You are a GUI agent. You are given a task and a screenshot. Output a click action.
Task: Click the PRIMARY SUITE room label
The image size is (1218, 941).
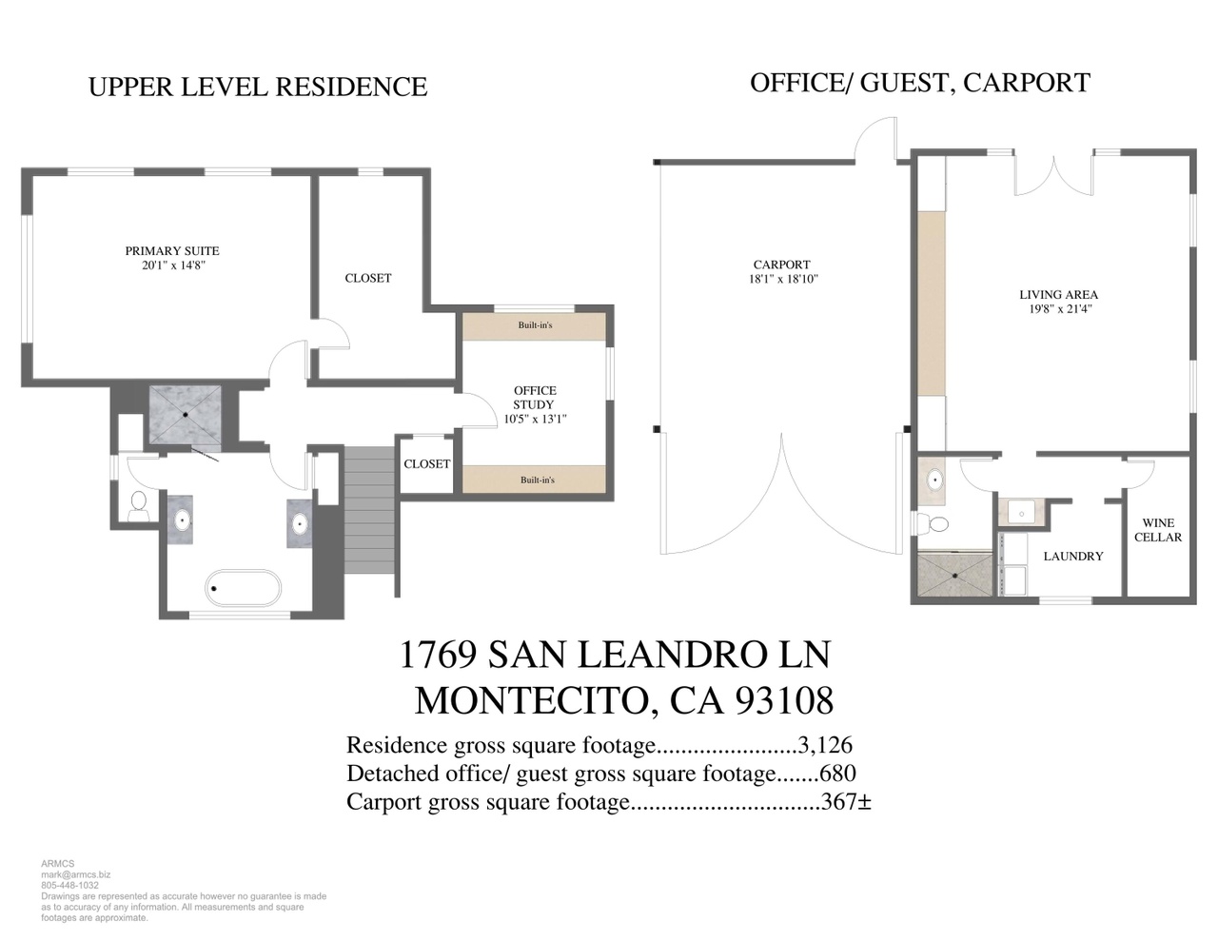(172, 251)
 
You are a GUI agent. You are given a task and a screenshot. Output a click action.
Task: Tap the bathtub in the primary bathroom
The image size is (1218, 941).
(244, 588)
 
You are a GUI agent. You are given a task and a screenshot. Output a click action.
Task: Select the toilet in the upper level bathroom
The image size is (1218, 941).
(138, 505)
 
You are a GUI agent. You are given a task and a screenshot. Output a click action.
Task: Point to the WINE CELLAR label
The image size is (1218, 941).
(1158, 530)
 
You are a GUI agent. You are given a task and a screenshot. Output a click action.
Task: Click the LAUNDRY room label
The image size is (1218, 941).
(1072, 556)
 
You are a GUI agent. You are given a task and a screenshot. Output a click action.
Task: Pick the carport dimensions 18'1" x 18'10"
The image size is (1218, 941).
(783, 279)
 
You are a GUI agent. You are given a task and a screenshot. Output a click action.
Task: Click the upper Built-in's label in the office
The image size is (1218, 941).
(535, 325)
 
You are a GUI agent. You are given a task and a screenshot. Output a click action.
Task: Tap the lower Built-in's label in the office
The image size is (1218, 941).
(537, 480)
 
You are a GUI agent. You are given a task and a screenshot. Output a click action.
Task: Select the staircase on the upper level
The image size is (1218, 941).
(369, 509)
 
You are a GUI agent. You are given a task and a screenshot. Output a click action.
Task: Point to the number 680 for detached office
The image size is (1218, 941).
(837, 774)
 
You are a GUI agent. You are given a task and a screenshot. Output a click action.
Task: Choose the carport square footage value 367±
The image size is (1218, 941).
(846, 801)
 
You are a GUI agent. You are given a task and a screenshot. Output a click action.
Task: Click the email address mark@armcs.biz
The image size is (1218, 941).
(76, 874)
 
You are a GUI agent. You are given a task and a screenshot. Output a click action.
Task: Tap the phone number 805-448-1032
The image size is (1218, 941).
(69, 886)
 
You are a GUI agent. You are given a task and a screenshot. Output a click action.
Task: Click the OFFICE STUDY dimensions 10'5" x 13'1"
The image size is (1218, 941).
(536, 419)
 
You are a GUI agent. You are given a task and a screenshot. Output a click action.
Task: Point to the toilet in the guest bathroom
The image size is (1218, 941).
(933, 524)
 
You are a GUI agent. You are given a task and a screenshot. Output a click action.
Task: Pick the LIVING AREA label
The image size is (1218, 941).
(1058, 294)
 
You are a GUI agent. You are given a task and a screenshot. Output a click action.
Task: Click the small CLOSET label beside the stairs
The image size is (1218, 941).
(426, 464)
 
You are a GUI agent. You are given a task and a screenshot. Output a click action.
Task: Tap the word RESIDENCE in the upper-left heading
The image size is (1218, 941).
(351, 87)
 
